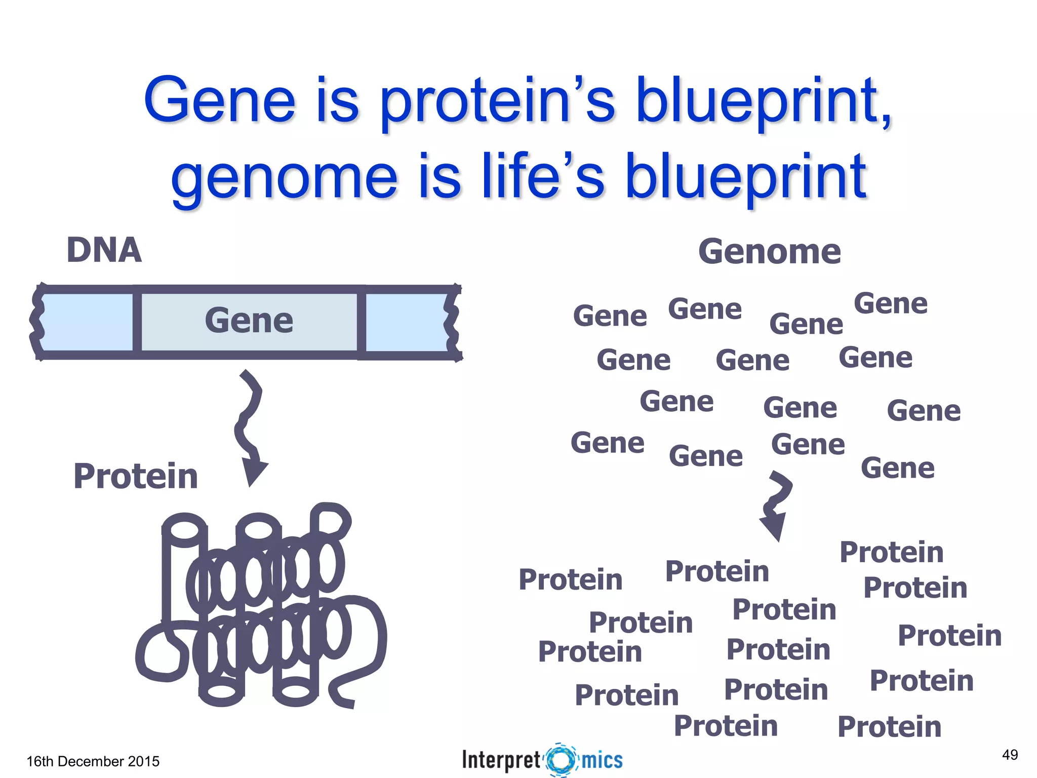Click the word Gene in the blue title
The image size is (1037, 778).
pyautogui.click(x=219, y=100)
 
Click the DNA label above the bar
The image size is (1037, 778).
pyautogui.click(x=104, y=250)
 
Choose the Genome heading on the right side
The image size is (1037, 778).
pyautogui.click(x=769, y=252)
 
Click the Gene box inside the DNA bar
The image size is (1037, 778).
pyautogui.click(x=249, y=321)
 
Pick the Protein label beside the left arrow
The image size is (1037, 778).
pyautogui.click(x=135, y=477)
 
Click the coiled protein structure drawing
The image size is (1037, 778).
pyautogui.click(x=261, y=605)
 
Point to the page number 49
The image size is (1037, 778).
pyautogui.click(x=1010, y=755)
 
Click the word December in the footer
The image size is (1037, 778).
pyautogui.click(x=91, y=761)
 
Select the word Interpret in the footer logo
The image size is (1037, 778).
pyautogui.click(x=501, y=760)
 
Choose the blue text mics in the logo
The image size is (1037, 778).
pyautogui.click(x=602, y=760)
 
